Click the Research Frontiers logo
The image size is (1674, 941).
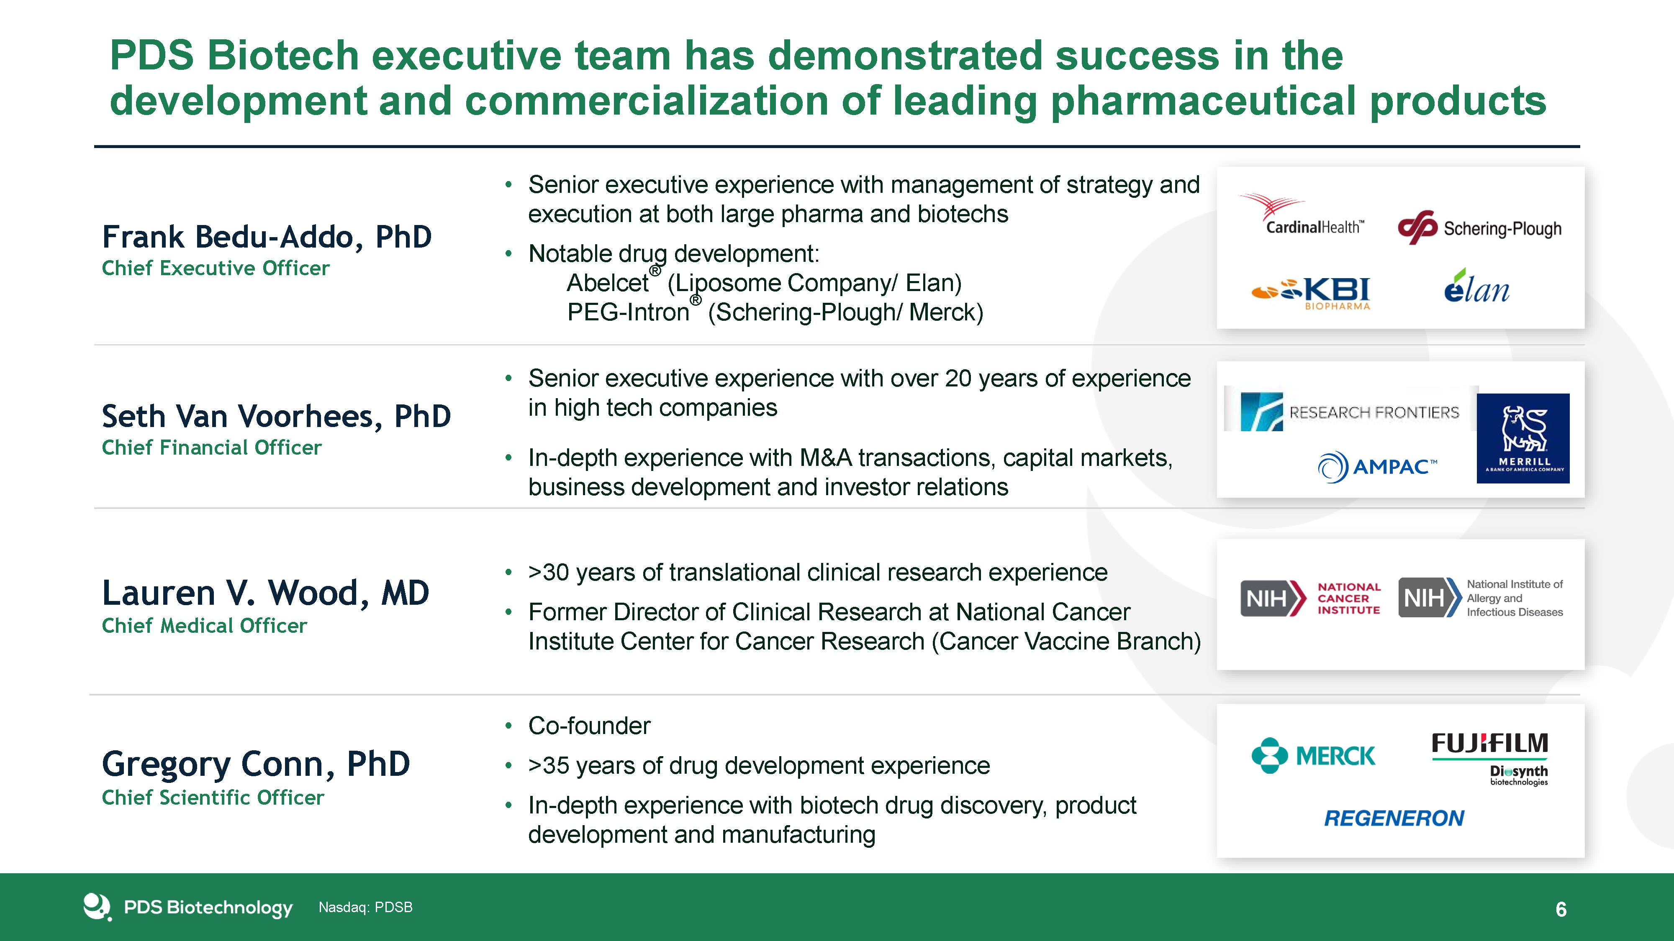point(1350,412)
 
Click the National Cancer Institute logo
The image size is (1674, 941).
point(1310,598)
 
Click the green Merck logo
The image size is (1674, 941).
point(1313,756)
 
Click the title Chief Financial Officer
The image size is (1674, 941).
point(212,447)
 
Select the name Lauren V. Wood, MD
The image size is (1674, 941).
point(266,593)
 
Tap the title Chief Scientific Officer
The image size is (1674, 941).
point(213,798)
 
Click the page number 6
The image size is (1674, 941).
point(1561,909)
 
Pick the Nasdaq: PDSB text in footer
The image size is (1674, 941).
point(365,907)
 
